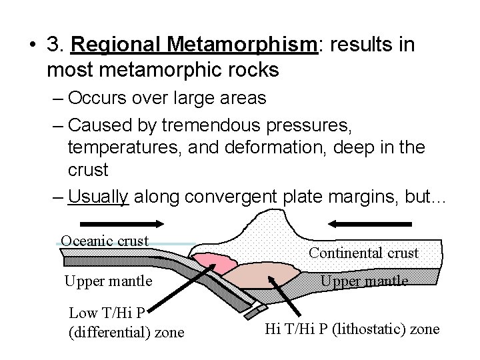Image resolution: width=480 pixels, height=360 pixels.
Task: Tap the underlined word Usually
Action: pos(99,197)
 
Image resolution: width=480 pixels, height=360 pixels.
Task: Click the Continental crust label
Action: pos(363,253)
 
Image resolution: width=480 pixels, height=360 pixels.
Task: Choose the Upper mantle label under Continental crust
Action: pos(364,281)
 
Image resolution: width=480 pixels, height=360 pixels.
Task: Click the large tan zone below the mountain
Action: pos(261,273)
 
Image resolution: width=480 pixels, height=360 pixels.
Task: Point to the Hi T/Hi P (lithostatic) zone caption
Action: pos(353,329)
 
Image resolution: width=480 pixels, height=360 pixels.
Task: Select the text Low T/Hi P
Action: pos(107,313)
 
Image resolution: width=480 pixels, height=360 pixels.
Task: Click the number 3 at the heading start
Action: pos(53,45)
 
